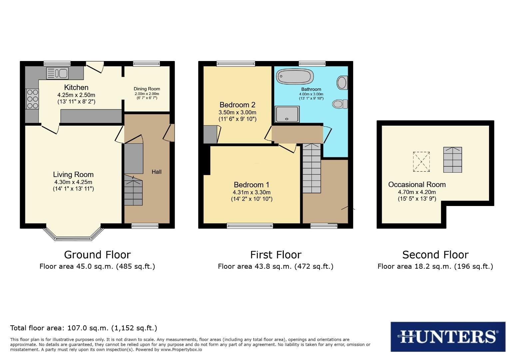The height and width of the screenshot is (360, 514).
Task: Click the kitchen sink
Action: pos(57,73)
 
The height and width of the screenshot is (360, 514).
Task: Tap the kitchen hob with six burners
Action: pos(32,99)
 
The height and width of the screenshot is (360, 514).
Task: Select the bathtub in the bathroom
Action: pos(295,77)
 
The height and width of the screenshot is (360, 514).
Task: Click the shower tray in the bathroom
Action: pos(287,114)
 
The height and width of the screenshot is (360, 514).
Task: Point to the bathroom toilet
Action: pos(340,104)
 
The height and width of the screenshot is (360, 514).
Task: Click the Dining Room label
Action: pos(147,89)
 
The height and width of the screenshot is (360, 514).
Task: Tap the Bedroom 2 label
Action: pos(237,105)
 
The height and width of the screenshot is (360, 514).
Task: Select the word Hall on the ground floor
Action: pos(157,172)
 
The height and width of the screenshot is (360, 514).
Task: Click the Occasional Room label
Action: pos(417,185)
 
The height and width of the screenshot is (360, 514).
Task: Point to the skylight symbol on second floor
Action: pos(421,162)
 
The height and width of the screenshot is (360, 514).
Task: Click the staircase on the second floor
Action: pos(452,160)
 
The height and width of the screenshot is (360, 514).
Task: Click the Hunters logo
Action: pos(448,336)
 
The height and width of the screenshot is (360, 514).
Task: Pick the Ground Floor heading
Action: pos(97,255)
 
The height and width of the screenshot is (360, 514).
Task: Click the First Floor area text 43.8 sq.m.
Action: pos(275,266)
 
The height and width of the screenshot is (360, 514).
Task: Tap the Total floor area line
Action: pos(84,328)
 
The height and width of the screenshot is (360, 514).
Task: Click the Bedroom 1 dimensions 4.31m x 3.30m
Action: pos(252,192)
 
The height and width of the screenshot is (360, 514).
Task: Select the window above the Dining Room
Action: pos(147,63)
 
